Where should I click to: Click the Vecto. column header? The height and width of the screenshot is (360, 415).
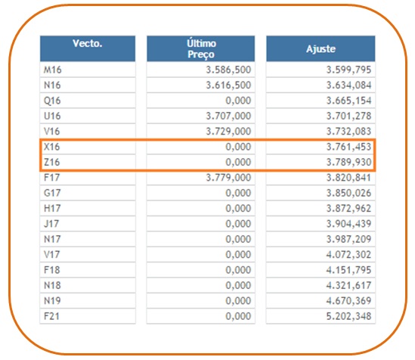coord(88,43)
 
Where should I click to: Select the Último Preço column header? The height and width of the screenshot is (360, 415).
coord(201,48)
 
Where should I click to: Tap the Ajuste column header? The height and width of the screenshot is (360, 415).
coord(321,49)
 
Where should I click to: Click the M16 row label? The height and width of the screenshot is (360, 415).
coord(52,70)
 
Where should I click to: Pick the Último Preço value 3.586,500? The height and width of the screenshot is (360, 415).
coord(228,70)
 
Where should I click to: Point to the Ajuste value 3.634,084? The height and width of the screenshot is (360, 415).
coord(348,85)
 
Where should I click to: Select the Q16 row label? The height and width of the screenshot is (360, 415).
coord(52,101)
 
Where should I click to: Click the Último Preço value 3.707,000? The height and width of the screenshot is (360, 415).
coord(228,116)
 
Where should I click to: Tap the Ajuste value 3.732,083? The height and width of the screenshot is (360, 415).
coord(348,132)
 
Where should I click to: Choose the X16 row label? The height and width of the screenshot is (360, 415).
coord(51,147)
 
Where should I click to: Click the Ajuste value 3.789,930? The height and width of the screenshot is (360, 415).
coord(348,162)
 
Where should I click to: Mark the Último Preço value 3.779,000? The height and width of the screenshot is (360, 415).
coord(228,177)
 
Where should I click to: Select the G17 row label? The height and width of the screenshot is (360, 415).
coord(52,193)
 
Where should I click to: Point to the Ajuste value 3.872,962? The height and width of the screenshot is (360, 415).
coord(348,208)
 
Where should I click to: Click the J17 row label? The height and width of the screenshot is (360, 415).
coord(51,224)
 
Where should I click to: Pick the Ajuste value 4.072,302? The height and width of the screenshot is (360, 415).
coord(348,254)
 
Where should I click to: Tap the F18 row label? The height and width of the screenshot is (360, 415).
coord(52,270)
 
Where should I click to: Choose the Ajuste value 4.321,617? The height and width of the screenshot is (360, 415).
coord(348,285)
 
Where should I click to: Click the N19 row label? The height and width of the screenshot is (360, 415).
coord(52,301)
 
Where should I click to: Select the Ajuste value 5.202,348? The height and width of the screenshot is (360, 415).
coord(348,316)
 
